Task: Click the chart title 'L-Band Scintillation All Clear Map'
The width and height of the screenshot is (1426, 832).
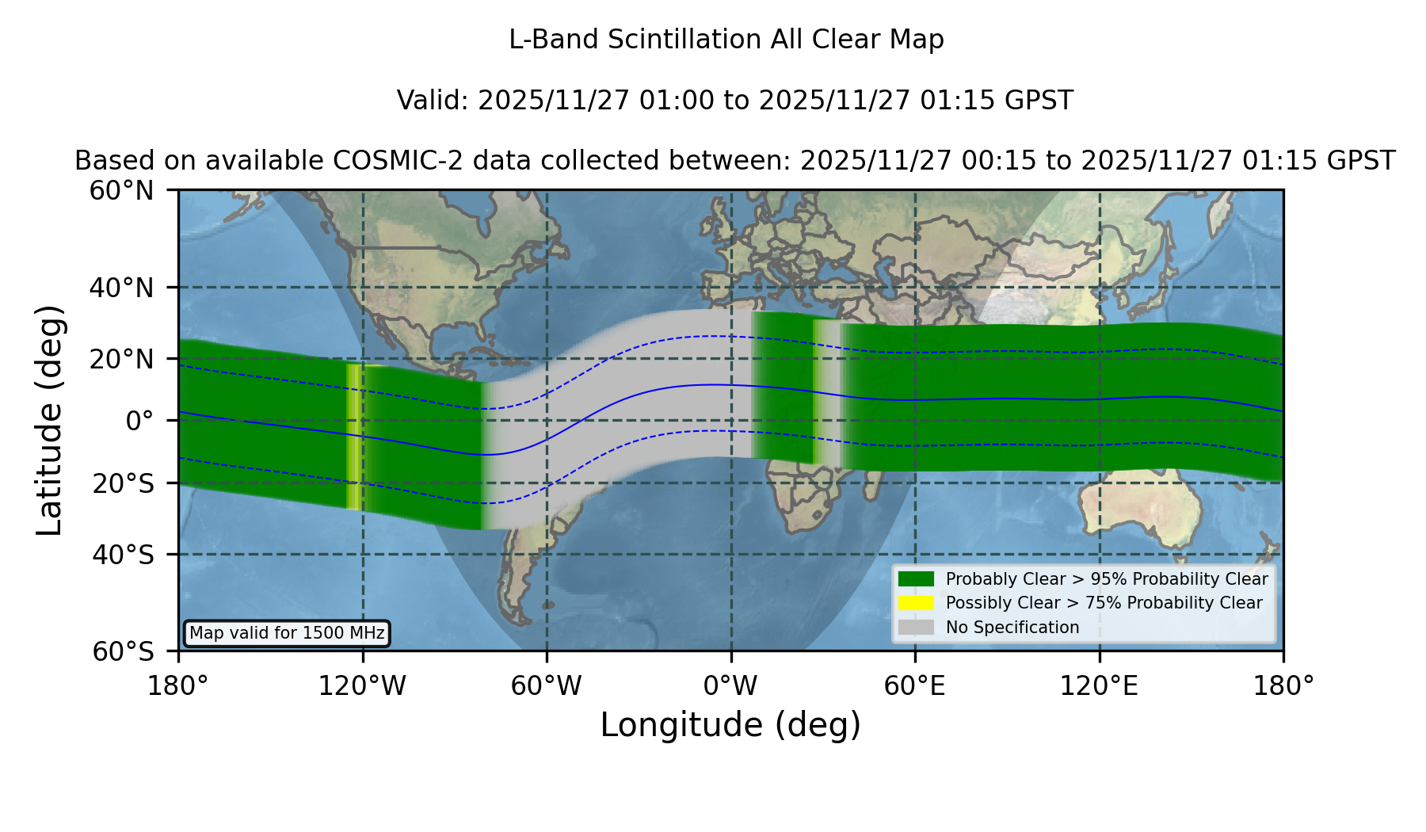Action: point(726,40)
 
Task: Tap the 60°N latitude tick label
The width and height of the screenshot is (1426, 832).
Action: point(121,191)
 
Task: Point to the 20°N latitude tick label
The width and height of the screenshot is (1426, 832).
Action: point(121,359)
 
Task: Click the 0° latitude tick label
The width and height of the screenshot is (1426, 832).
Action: point(139,421)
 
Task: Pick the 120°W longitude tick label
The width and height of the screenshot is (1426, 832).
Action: point(362,686)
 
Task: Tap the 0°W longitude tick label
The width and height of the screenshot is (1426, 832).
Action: point(730,686)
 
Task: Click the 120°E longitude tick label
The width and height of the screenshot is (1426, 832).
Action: point(1100,686)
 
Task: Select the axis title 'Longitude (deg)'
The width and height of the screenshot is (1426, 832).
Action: point(730,725)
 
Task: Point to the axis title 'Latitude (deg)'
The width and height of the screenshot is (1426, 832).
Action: point(50,420)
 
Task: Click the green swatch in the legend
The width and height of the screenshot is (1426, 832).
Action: point(917,578)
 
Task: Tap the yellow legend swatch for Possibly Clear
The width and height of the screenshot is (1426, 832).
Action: point(917,602)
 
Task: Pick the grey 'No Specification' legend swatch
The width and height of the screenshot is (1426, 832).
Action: point(917,627)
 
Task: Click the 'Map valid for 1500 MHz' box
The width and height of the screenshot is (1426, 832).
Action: point(287,633)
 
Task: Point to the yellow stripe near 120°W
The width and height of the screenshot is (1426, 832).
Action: point(353,436)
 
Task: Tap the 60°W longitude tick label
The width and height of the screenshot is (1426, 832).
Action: point(547,686)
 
